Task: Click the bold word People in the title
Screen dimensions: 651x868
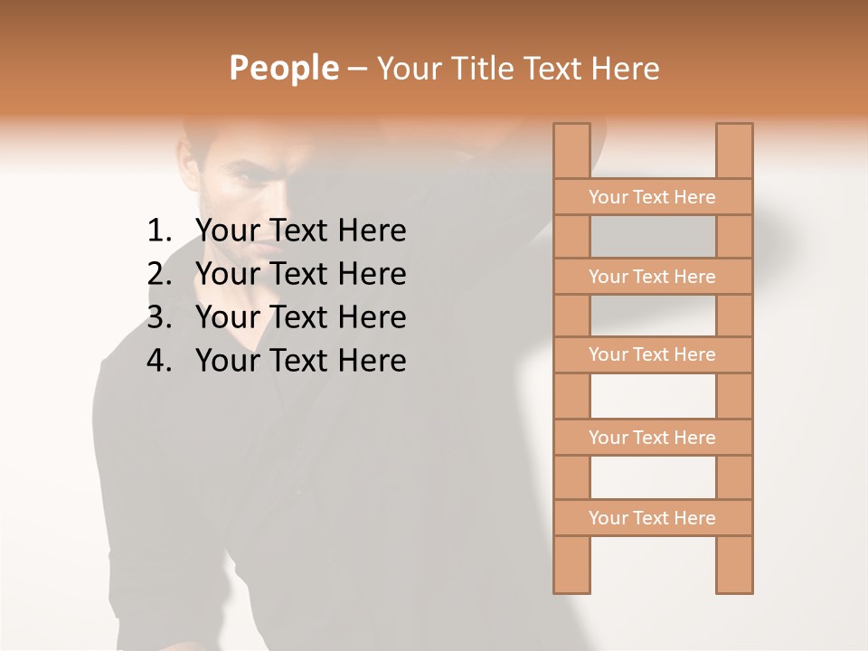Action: [283, 68]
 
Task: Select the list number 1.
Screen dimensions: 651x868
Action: [158, 231]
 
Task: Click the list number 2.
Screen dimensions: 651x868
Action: [158, 274]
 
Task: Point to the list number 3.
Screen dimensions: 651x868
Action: [158, 317]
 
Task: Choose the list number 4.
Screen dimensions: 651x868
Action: [158, 361]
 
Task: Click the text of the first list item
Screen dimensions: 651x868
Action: [300, 231]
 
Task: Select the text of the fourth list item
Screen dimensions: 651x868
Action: [300, 361]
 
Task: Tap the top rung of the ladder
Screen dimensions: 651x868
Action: [652, 197]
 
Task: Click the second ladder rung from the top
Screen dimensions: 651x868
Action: [652, 277]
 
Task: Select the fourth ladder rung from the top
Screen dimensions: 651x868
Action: [652, 438]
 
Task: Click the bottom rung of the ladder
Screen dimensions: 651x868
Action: [652, 518]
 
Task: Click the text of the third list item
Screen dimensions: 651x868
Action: [300, 317]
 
